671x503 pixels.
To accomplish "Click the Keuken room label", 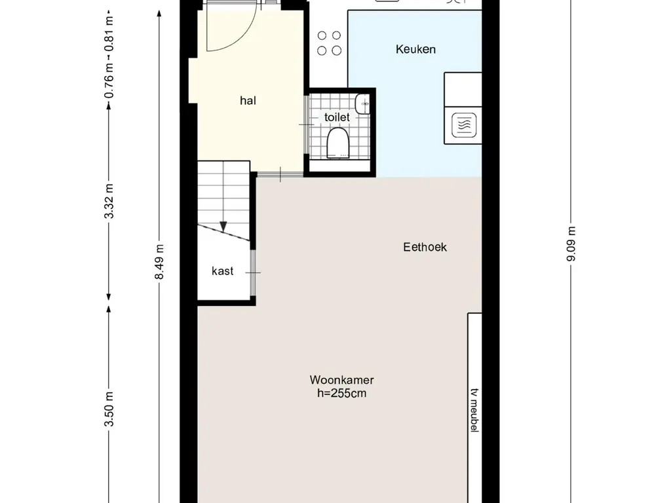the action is click(415, 49).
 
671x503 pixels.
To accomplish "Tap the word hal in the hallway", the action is click(248, 100).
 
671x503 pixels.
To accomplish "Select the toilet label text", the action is click(337, 117).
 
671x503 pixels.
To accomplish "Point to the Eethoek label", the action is click(425, 247).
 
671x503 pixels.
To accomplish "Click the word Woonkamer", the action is click(342, 380).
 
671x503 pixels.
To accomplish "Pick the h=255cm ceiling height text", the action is click(342, 393).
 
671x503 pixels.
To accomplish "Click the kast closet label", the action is click(223, 270).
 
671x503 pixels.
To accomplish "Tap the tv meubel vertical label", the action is click(474, 410).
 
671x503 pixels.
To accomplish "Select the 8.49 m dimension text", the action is click(159, 262).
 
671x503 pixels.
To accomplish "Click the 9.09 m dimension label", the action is click(571, 244).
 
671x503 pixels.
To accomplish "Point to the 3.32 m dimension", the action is click(109, 201).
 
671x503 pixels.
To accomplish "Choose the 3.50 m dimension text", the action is click(109, 409).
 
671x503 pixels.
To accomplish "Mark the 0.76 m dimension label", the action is click(109, 81).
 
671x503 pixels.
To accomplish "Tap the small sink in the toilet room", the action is click(362, 104).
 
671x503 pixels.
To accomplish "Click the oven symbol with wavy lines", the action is click(464, 125).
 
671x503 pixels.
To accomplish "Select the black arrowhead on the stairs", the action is click(223, 226).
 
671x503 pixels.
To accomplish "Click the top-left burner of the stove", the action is click(322, 35).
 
